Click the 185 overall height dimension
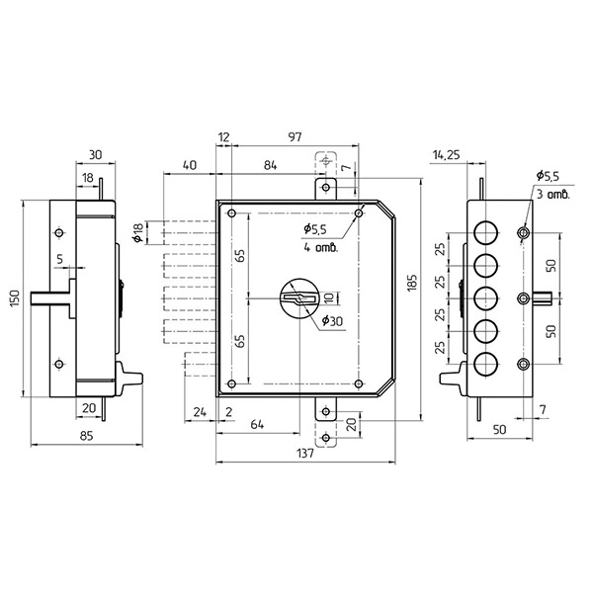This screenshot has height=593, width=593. coord(412,283)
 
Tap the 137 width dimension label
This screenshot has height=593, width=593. coord(304,453)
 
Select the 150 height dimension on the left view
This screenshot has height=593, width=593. coord(15,298)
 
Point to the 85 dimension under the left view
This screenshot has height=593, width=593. coord(87,436)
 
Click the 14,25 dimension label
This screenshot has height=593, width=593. coord(447,155)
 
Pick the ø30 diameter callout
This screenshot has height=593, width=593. coord(332,321)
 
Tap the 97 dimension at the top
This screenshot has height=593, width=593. coord(295,137)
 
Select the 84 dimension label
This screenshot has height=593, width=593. coord(270,165)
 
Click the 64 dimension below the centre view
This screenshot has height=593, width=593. coord(257,424)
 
